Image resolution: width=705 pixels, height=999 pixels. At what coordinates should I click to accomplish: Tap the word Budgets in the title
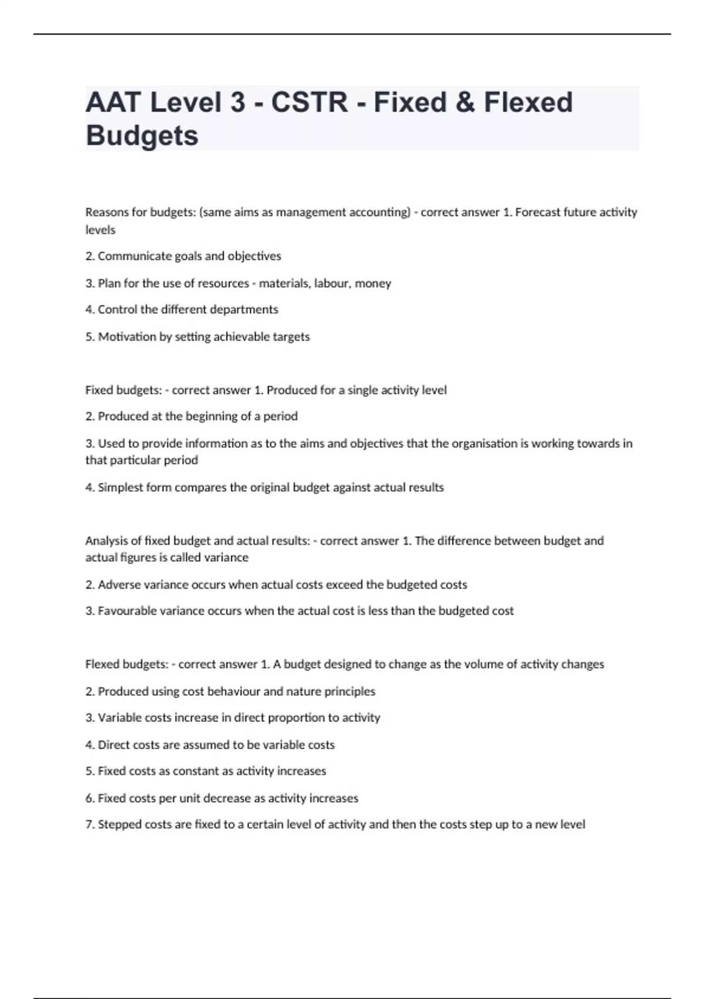pos(142,136)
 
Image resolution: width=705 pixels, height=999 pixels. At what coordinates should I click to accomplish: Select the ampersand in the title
pos(465,102)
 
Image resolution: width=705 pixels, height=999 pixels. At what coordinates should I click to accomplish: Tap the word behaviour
pos(233,692)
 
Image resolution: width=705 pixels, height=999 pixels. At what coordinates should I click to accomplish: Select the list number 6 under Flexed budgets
pos(89,798)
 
